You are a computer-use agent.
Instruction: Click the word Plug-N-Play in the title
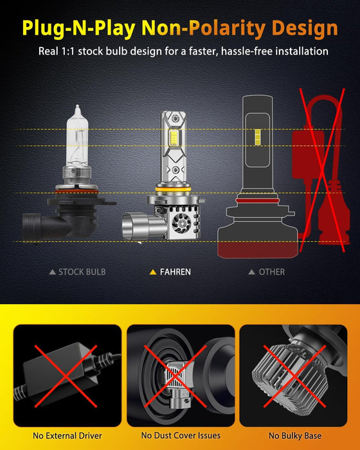pyautogui.click(x=78, y=28)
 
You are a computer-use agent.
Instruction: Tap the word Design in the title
pyautogui.click(x=305, y=28)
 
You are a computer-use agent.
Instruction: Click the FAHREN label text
pyautogui.click(x=175, y=272)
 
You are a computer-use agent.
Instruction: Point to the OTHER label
pyautogui.click(x=271, y=272)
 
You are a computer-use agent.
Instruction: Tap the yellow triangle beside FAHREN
pyautogui.click(x=153, y=272)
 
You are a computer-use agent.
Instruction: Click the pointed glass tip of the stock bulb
pyautogui.click(x=77, y=109)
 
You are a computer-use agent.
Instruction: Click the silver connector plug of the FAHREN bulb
pyautogui.click(x=137, y=225)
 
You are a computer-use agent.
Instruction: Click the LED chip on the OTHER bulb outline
pyautogui.click(x=258, y=136)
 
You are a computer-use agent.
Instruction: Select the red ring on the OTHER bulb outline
pyautogui.click(x=257, y=201)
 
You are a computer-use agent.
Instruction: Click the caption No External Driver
pyautogui.click(x=67, y=436)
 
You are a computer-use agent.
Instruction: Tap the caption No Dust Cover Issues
pyautogui.click(x=181, y=435)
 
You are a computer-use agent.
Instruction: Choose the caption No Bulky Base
pyautogui.click(x=295, y=436)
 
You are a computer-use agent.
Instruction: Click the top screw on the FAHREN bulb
pyautogui.click(x=175, y=118)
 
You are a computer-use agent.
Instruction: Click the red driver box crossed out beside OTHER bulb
pyautogui.click(x=307, y=155)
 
